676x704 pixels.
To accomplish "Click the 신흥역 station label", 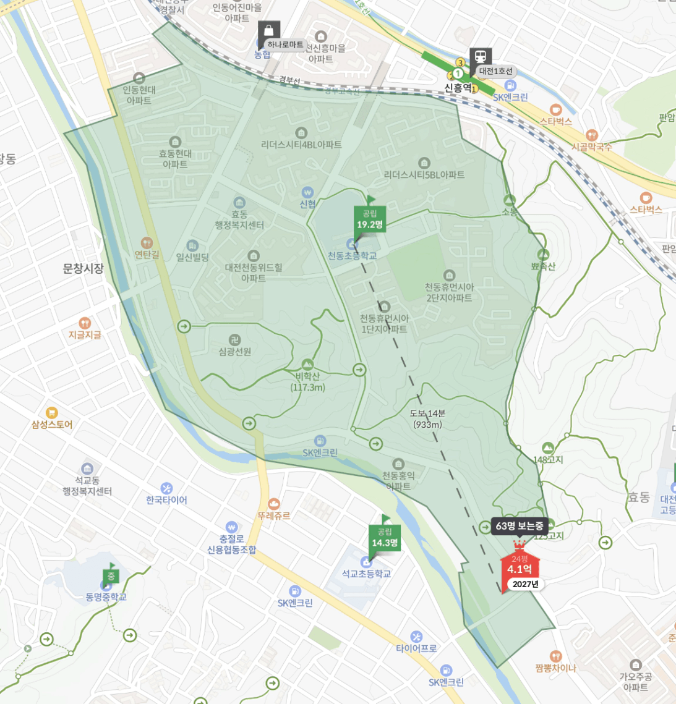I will pyautogui.click(x=458, y=88).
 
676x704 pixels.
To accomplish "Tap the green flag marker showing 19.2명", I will pyautogui.click(x=370, y=219).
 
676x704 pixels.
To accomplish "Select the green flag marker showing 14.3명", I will pyautogui.click(x=385, y=538).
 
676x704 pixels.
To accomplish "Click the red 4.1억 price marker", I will pyautogui.click(x=520, y=569).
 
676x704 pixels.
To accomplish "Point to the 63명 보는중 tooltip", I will pyautogui.click(x=520, y=526).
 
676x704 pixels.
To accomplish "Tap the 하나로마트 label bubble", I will pyautogui.click(x=285, y=45).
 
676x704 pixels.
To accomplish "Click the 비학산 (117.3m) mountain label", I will pyautogui.click(x=307, y=381).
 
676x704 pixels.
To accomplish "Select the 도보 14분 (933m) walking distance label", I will pyautogui.click(x=427, y=418).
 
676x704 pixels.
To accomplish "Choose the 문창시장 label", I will pyautogui.click(x=83, y=268).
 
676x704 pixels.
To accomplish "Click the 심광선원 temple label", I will pyautogui.click(x=235, y=352).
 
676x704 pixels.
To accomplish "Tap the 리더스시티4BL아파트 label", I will pyautogui.click(x=301, y=145).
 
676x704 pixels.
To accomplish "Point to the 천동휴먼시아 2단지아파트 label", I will pyautogui.click(x=449, y=292).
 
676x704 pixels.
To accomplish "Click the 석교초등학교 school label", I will pyautogui.click(x=367, y=574).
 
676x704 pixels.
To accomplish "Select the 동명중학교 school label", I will pyautogui.click(x=106, y=596).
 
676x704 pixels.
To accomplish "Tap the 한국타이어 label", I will pyautogui.click(x=166, y=500).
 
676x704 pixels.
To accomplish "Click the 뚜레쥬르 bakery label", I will pyautogui.click(x=274, y=515).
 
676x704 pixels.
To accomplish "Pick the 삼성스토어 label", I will pyautogui.click(x=52, y=425).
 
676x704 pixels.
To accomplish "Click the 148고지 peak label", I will pyautogui.click(x=548, y=459).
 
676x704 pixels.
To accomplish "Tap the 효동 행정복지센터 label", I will pyautogui.click(x=239, y=219).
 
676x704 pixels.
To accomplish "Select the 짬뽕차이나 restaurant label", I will pyautogui.click(x=555, y=668).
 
